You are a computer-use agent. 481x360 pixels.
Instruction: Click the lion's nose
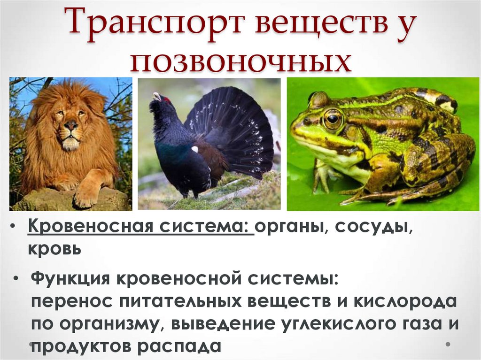point(71,125)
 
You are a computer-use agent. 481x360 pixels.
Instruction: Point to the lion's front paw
point(87,197)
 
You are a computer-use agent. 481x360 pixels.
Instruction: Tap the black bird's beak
point(153,97)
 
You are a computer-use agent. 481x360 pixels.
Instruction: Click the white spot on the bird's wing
point(194,149)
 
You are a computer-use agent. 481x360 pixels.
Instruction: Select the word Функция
point(70,280)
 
